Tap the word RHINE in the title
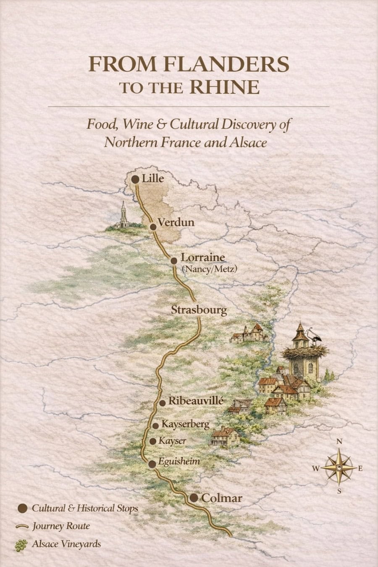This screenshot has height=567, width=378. [x=224, y=87]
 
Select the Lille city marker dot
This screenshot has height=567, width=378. [x=135, y=179]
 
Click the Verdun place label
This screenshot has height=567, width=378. [x=176, y=222]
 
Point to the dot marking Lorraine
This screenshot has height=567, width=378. [x=174, y=261]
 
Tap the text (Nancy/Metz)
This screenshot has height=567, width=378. [x=209, y=269]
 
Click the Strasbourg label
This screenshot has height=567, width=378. [x=199, y=310]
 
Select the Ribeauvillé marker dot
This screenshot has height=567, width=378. [x=163, y=403]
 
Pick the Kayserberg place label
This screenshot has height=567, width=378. [x=185, y=424]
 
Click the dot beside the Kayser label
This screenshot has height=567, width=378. [x=153, y=441]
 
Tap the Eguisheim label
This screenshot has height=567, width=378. [x=179, y=461]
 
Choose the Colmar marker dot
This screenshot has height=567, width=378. [x=194, y=498]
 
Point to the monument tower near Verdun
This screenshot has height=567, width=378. [x=123, y=215]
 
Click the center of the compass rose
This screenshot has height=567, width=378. [x=339, y=467]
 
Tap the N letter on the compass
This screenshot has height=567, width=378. [x=339, y=441]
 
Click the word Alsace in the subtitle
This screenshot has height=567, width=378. [x=248, y=142]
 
